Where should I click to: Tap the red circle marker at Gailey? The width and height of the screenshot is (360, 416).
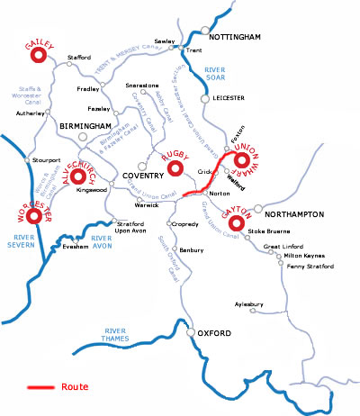pos(38,56)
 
